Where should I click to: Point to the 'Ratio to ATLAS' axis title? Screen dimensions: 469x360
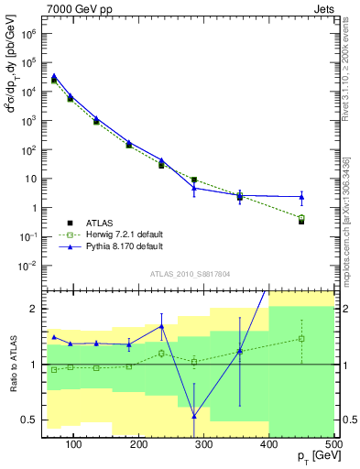[x=12, y=364]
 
